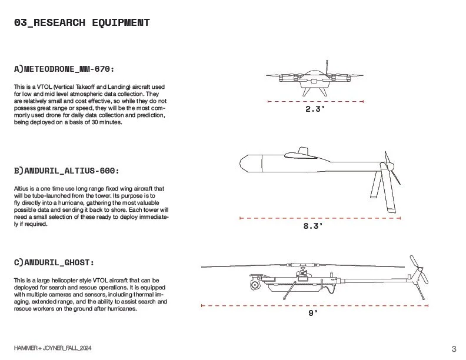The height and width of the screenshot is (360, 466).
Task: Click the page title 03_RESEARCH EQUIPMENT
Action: [82, 23]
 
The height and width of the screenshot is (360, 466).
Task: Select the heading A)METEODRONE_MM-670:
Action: [68, 69]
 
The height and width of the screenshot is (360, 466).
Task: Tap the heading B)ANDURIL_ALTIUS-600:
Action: [66, 171]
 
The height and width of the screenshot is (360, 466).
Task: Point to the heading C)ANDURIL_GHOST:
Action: [54, 261]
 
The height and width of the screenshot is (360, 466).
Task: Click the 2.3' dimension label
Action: [315, 109]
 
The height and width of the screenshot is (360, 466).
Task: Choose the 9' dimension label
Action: [313, 314]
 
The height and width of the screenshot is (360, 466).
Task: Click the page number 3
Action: [454, 347]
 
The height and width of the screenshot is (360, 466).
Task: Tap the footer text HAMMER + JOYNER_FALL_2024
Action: [53, 348]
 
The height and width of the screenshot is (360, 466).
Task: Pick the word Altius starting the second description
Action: [21, 188]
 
